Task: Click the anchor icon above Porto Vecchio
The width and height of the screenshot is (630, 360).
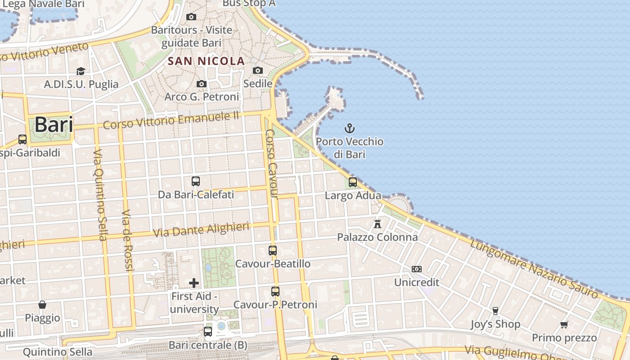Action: [x=350, y=128]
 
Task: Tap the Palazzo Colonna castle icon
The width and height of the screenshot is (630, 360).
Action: [x=378, y=223]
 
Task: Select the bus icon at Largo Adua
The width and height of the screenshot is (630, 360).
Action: [x=353, y=182]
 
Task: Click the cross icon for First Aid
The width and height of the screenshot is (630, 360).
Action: [x=194, y=283]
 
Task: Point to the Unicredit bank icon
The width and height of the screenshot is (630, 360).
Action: [x=417, y=269]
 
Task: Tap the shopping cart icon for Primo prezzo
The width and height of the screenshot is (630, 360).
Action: [x=564, y=324]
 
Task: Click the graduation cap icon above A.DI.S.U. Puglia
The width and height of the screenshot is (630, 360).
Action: [x=81, y=71]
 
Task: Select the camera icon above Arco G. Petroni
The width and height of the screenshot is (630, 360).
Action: [x=202, y=84]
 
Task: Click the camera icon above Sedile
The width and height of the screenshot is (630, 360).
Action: [x=258, y=70]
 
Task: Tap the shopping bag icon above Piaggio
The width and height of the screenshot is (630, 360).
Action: [x=42, y=305]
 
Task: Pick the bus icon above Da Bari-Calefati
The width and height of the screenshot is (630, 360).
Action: [x=196, y=181]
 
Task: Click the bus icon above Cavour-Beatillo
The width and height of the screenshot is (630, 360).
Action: [x=273, y=251]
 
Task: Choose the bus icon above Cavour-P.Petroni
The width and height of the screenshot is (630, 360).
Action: [x=275, y=292]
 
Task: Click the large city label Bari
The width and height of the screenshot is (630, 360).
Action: [x=54, y=125]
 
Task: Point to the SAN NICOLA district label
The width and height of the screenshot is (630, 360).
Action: [x=206, y=61]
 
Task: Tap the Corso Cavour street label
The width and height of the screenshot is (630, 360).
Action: [x=272, y=164]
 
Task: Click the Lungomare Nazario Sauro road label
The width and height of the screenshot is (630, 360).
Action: [x=534, y=269]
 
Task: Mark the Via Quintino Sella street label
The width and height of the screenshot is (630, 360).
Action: [x=99, y=194]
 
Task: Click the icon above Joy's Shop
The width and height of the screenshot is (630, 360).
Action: [x=495, y=310]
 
